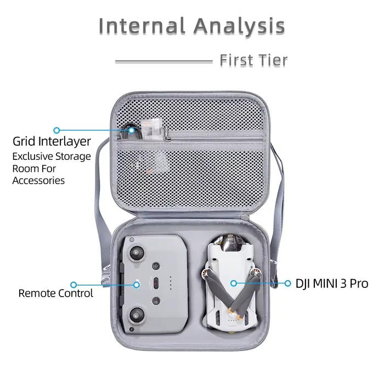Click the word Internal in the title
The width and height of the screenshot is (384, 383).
[x=142, y=25]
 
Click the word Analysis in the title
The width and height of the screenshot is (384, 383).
[x=239, y=26]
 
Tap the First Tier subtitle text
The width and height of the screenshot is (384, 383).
[x=253, y=60]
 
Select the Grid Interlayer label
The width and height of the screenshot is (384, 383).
[x=52, y=142]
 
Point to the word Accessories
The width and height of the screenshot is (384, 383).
[x=38, y=181]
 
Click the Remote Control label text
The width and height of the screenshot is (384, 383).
[x=55, y=293]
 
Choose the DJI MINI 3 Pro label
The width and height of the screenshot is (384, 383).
[x=332, y=284]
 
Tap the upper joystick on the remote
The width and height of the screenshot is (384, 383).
[x=137, y=253]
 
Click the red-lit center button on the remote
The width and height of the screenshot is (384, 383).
[x=156, y=284]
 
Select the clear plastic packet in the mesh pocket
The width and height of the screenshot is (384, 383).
[x=152, y=130]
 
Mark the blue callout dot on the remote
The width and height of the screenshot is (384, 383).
[x=137, y=285]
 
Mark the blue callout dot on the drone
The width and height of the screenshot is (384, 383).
[x=234, y=284]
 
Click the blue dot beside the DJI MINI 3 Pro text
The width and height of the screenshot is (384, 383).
[x=288, y=284]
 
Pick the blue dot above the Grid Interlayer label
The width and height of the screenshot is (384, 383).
[x=57, y=130]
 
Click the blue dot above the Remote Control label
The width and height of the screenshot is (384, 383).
[x=74, y=285]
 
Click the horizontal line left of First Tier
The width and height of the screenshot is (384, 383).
[x=164, y=62]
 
